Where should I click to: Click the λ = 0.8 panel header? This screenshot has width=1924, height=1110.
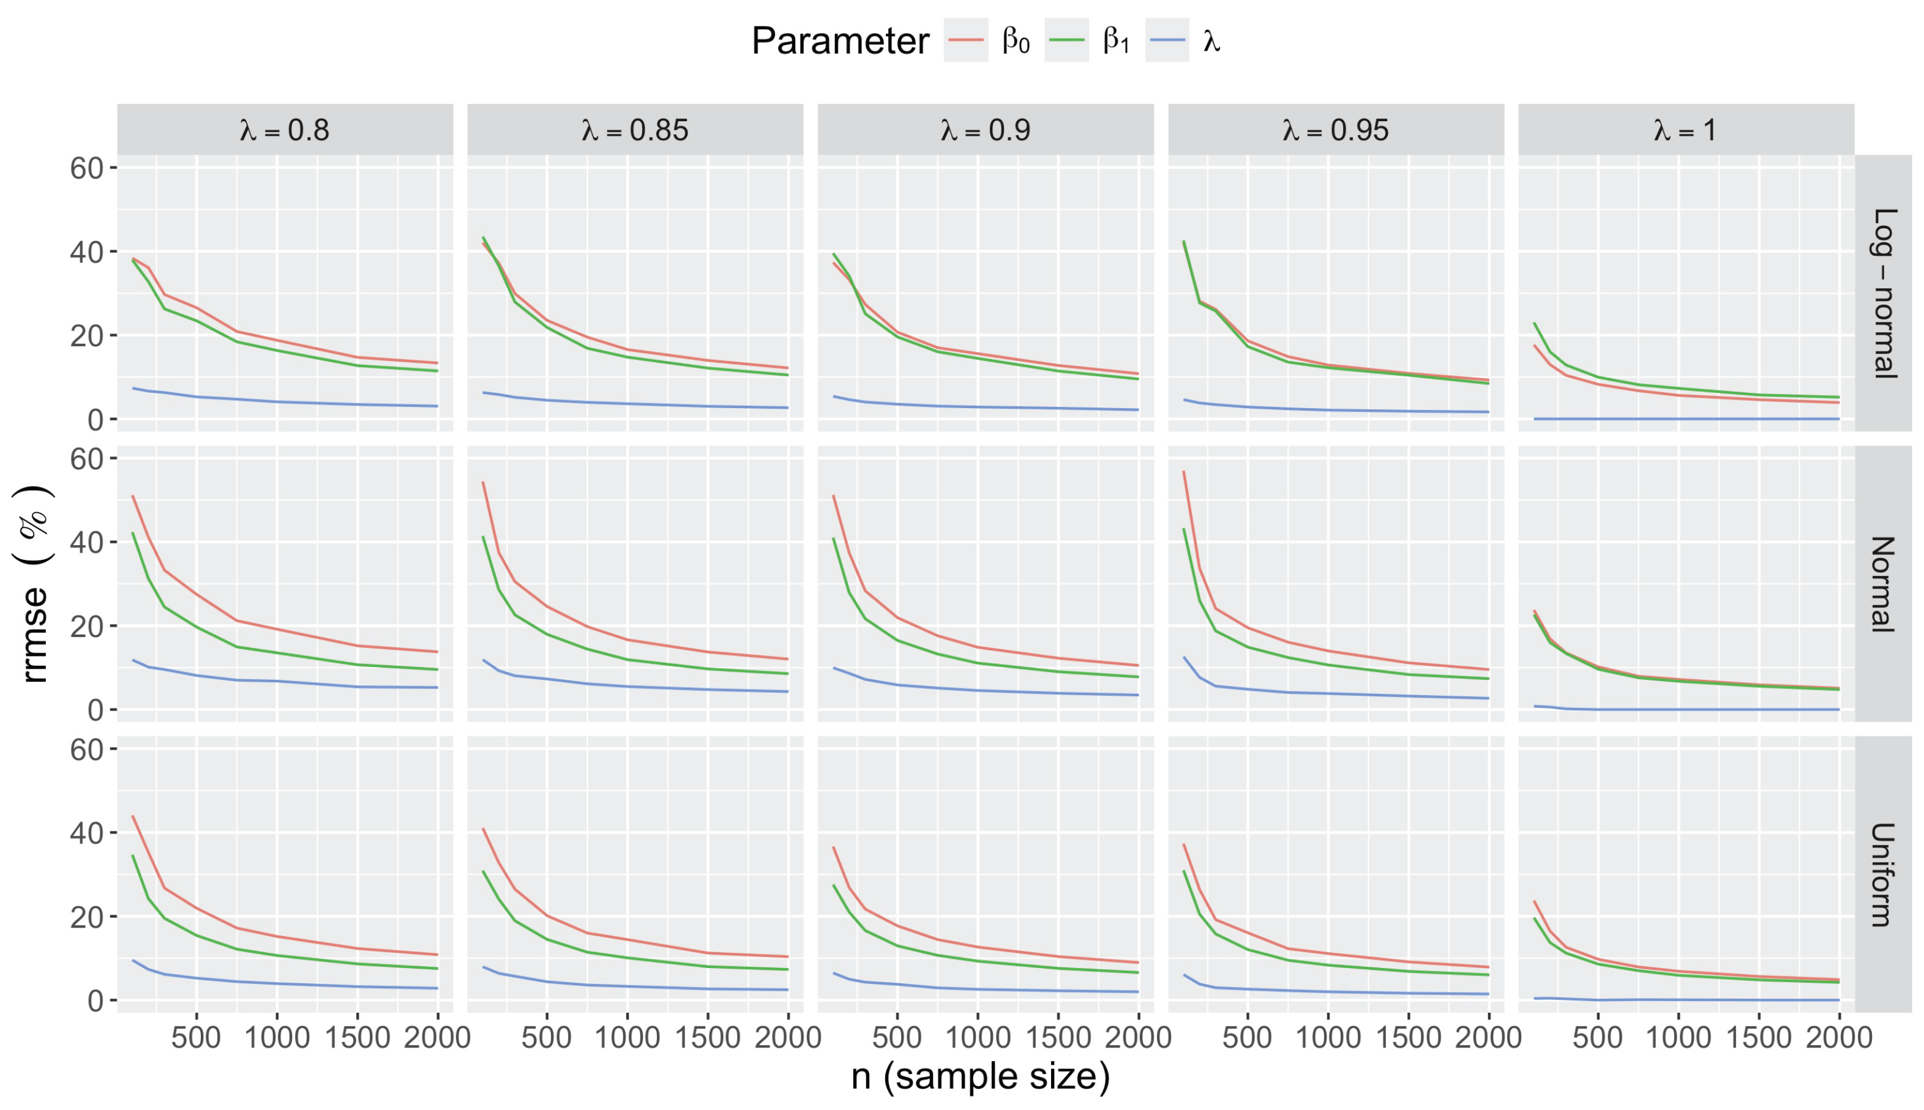285,130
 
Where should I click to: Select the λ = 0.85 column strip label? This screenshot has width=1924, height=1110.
634,130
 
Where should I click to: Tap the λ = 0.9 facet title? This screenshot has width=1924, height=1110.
985,130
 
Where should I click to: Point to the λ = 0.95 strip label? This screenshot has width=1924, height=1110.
1335,130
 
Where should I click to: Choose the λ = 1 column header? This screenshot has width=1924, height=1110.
1685,130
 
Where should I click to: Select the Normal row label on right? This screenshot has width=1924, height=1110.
1884,584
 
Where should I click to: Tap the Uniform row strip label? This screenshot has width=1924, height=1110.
1884,874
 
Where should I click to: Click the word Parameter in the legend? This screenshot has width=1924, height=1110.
840,40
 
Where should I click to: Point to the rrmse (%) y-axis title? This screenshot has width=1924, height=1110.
34,584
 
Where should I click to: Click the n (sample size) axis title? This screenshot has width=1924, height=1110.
981,1076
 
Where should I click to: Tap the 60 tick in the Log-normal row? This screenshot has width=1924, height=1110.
86,168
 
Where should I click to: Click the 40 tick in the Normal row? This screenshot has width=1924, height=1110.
86,543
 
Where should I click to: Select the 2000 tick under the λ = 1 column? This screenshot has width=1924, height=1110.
1838,1038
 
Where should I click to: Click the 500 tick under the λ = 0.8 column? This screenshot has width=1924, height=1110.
196,1038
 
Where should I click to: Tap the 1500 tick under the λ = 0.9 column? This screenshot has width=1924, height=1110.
1058,1038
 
